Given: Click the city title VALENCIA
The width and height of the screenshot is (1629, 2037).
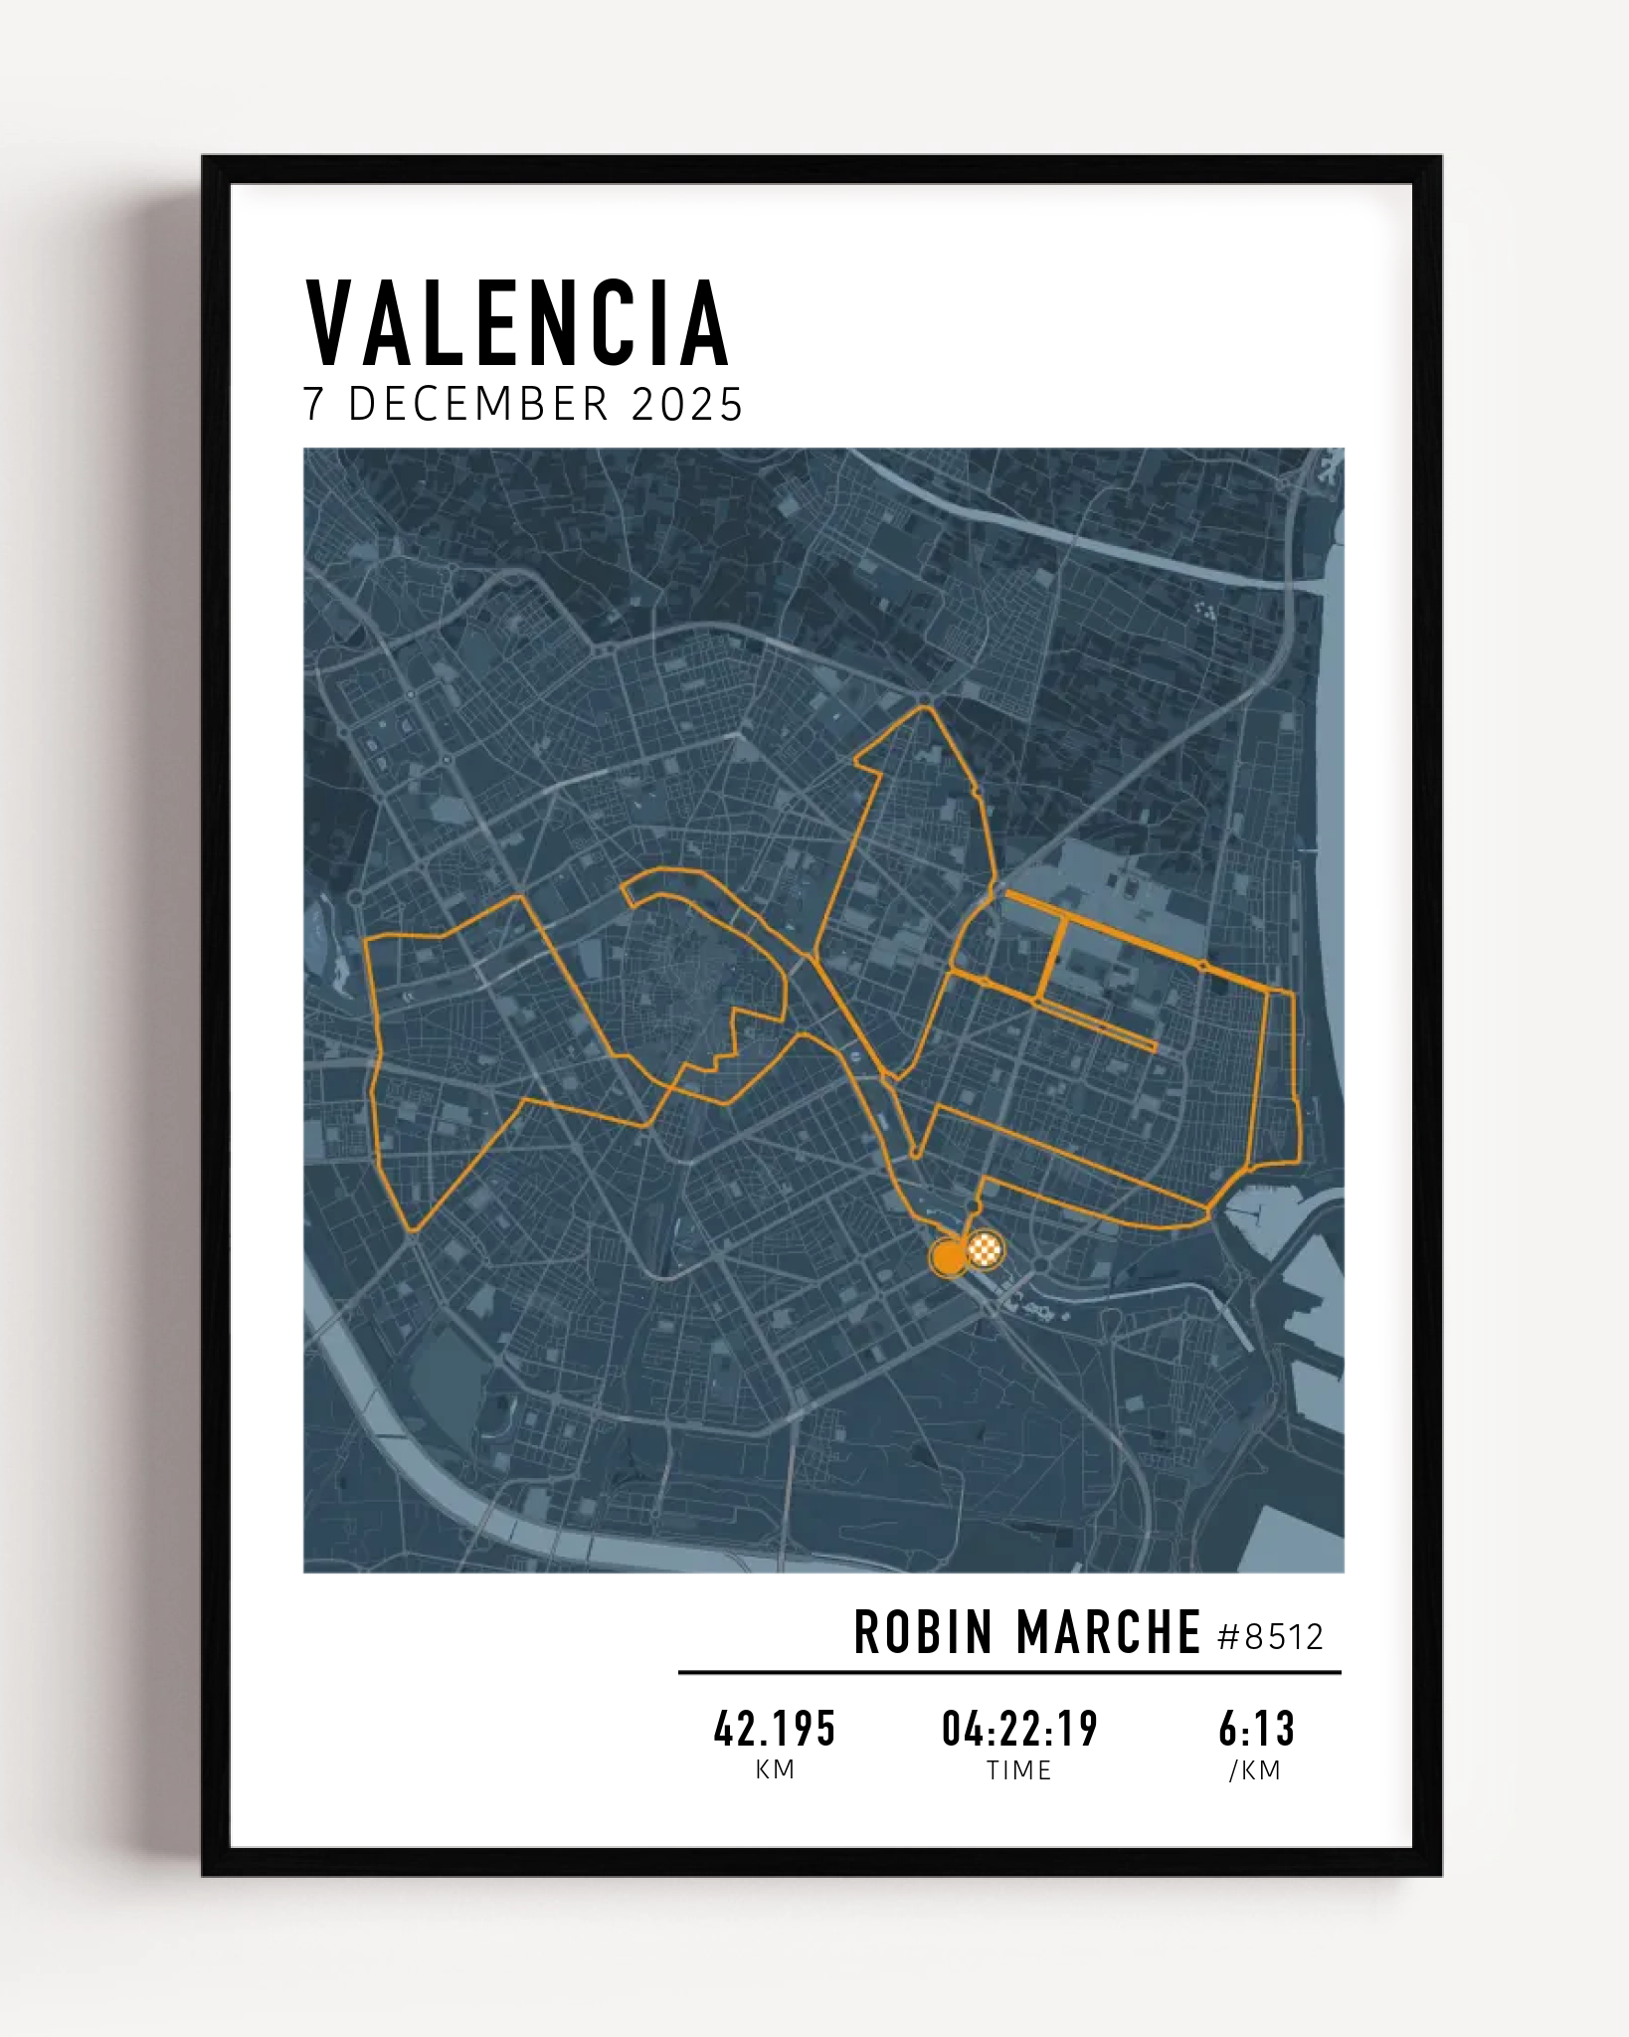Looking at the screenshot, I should (517, 324).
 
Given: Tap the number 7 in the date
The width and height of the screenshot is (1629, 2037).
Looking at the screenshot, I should (315, 405).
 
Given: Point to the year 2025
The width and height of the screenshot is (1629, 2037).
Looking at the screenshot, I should (687, 405).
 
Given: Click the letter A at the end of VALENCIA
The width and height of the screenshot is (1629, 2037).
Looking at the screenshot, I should (708, 324).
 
